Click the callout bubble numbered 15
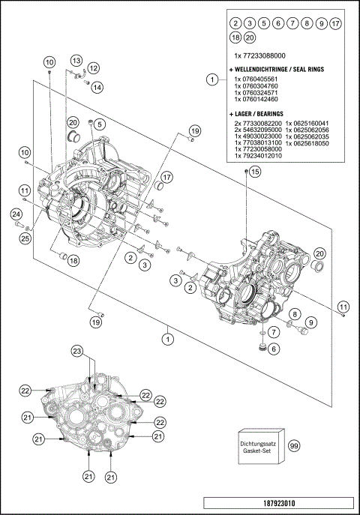[254, 172]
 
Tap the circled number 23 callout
[76, 352]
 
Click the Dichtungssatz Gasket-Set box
[259, 446]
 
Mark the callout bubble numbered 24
[16, 215]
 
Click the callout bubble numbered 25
[25, 238]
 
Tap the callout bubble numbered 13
[76, 59]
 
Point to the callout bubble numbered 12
[94, 68]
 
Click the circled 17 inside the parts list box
[334, 23]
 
